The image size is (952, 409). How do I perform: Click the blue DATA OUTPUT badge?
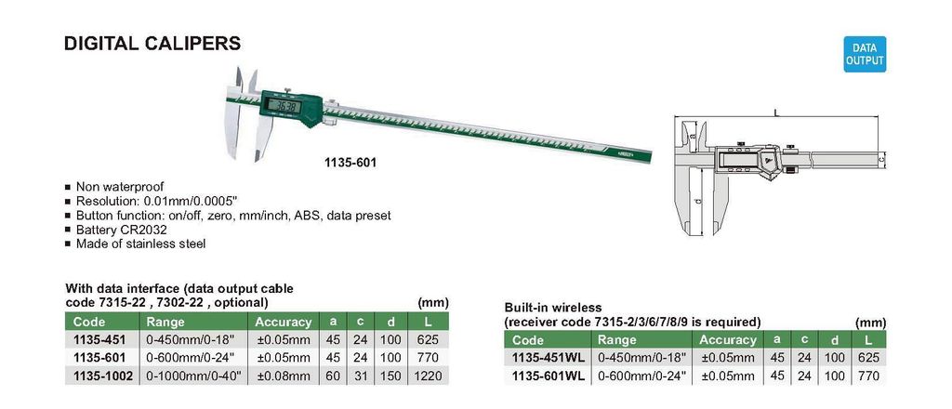[x=865, y=54]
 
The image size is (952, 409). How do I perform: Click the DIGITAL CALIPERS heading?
[x=152, y=44]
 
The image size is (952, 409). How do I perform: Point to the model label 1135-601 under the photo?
[x=350, y=164]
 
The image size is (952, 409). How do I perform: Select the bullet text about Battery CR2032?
[x=121, y=230]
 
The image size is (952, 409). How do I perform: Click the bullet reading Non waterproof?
[x=120, y=187]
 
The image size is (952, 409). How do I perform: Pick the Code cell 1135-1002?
[x=102, y=376]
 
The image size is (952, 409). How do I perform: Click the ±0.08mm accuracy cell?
[x=284, y=376]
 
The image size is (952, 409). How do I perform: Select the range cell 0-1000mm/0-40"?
[x=193, y=376]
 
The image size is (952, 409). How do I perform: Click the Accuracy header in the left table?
[x=283, y=323]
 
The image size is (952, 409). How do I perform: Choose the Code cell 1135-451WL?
[x=549, y=358]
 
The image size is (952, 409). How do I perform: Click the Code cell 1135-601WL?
[x=549, y=376]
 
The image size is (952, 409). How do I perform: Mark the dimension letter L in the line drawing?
[x=776, y=112]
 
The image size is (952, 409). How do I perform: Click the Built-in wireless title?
[x=552, y=309]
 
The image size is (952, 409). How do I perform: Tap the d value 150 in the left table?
[x=390, y=376]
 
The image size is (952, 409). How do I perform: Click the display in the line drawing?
[x=736, y=161]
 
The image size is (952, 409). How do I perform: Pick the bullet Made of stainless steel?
[x=140, y=244]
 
